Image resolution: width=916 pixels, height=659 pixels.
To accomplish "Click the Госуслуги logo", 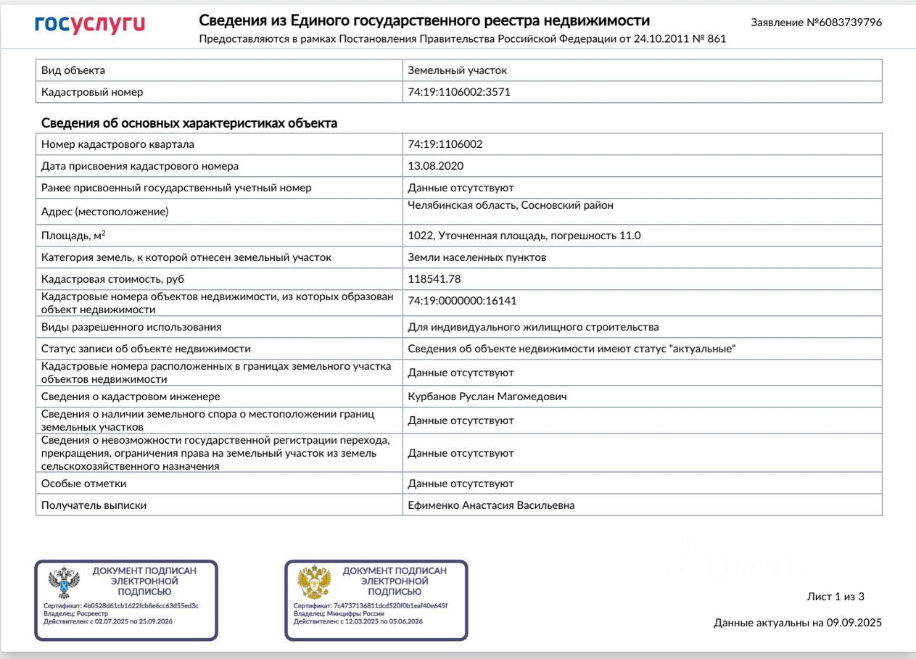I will pos(90,25).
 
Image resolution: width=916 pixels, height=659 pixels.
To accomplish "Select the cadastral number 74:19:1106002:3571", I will pos(454,92).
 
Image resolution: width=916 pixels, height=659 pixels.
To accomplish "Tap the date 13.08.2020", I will pos(435,166).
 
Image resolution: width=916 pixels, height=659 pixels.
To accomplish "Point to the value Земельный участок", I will pos(457,70).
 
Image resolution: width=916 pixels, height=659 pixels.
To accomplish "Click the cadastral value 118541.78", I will pos(434,278).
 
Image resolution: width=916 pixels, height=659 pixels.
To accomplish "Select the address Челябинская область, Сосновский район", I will pos(511,205).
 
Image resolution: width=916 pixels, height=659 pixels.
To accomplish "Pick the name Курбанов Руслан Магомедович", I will pos(487,397).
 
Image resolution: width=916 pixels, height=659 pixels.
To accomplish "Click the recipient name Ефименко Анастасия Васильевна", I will pos(491,505).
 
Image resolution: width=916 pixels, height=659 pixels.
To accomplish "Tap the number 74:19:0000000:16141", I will pos(462,301).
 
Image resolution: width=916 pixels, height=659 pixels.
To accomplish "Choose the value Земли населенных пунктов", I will pos(476,257).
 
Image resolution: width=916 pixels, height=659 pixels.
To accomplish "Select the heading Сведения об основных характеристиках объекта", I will pos(189,123).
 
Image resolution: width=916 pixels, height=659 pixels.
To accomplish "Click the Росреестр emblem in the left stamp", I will pos(63,582).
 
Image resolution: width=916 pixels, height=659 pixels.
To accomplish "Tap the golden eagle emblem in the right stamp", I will pos(314,582).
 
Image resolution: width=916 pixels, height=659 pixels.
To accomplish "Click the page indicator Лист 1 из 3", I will pos(835,597).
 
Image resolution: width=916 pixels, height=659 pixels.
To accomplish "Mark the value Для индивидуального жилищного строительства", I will pos(533,327).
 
